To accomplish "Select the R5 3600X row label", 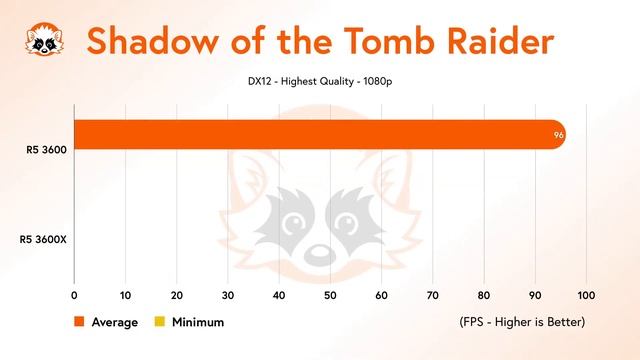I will [43, 239].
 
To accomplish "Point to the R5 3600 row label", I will [47, 151].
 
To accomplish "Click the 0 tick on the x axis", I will [74, 295].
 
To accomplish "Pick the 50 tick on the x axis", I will [330, 295].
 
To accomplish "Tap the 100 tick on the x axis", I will [586, 295].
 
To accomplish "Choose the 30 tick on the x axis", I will [228, 295].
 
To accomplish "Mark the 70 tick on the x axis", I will [432, 295].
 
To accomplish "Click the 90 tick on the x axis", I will [535, 295].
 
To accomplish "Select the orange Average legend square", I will [78, 322].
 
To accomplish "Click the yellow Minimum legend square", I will [158, 322].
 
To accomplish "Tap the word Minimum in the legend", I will [198, 322].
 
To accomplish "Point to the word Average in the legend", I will [115, 322].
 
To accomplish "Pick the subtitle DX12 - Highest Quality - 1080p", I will [319, 81].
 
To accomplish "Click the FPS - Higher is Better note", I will [521, 322].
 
